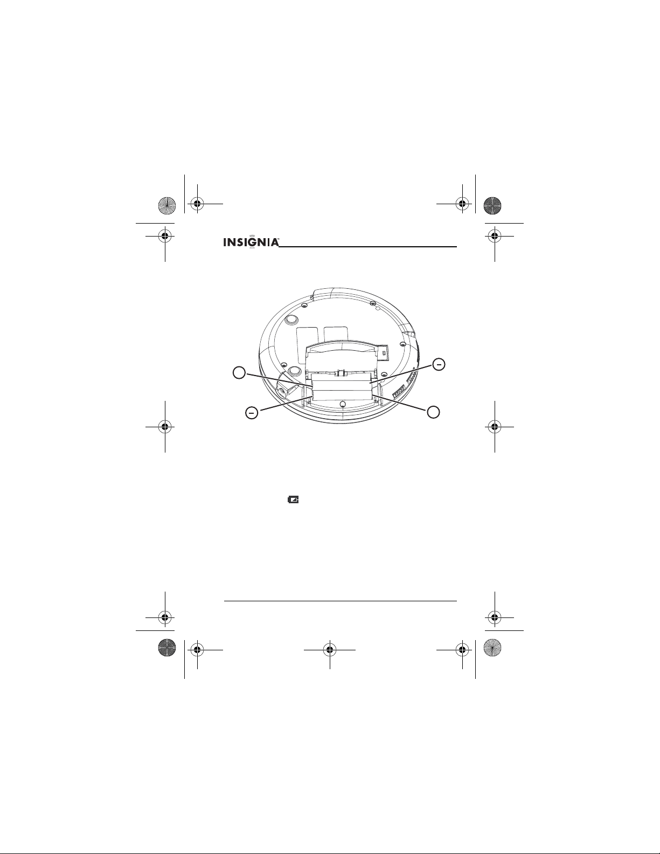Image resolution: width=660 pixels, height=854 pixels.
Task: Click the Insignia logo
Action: (252, 242)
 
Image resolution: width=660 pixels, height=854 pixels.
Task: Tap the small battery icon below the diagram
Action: (293, 499)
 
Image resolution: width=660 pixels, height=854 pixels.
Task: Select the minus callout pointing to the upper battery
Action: (439, 365)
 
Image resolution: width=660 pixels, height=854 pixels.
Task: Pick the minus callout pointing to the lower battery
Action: (252, 413)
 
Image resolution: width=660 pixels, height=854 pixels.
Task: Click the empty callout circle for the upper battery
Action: (239, 372)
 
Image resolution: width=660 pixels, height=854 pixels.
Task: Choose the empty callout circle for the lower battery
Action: (433, 412)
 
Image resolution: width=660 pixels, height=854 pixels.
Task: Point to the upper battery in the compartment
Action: (342, 382)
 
